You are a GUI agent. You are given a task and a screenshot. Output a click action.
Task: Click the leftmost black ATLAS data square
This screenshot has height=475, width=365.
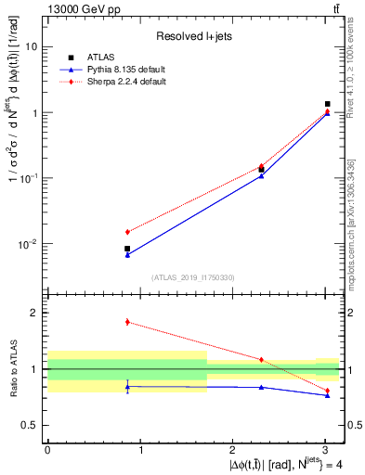(x=127, y=249)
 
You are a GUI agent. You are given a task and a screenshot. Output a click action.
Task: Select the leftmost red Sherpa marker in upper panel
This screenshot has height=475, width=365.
(x=127, y=232)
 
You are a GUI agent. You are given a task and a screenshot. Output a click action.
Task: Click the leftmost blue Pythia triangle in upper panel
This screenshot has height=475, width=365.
(x=127, y=254)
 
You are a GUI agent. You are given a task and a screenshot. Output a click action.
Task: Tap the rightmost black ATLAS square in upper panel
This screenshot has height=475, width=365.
(x=328, y=104)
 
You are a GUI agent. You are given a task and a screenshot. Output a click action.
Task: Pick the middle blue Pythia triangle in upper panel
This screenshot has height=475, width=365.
(x=261, y=175)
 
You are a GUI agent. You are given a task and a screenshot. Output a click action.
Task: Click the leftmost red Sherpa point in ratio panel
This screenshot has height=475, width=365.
(x=127, y=322)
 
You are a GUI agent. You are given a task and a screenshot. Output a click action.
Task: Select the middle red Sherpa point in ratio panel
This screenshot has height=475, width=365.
(x=261, y=359)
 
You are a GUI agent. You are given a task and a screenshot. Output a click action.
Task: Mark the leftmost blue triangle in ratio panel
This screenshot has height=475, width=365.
(x=127, y=386)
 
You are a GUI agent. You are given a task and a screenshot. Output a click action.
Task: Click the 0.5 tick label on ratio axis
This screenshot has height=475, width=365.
(x=30, y=425)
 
